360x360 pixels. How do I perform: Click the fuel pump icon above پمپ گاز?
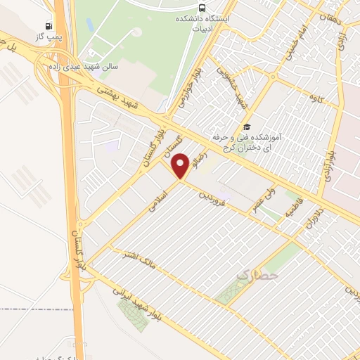point(48,24)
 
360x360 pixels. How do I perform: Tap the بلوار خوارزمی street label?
point(185,91)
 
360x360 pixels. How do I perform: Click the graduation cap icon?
point(246,127)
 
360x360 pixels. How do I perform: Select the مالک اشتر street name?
point(136,257)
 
